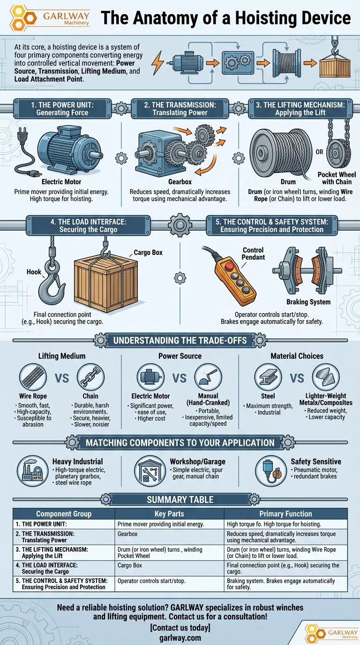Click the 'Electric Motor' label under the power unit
[x=61, y=182]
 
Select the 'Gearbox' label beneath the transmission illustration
[x=180, y=182]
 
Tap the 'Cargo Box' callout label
[x=148, y=252]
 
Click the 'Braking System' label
[x=308, y=302]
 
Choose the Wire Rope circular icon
[x=33, y=377]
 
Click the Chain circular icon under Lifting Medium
[x=90, y=377]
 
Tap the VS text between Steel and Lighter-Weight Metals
[x=297, y=378]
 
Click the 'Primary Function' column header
[x=285, y=514]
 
